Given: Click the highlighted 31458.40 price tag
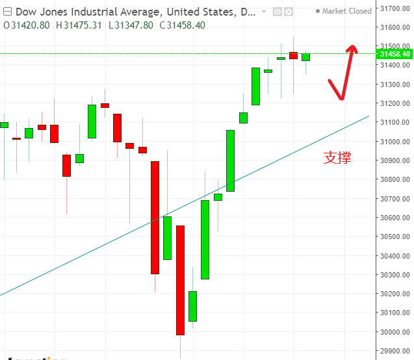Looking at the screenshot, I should tap(394, 53).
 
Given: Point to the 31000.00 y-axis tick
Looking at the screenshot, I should tap(395, 141).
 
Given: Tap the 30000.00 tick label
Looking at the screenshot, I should tap(395, 332).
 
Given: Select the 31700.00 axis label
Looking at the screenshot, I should tap(395, 8).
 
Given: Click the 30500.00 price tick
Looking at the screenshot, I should tap(395, 237).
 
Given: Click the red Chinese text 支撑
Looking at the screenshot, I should tap(337, 157).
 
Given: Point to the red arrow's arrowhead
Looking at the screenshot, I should tap(352, 47).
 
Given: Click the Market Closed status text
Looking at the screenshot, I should tap(347, 11).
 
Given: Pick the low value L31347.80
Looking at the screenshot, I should tap(131, 24).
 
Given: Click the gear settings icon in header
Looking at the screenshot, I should tap(289, 12).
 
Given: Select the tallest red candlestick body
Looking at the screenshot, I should tap(155, 217).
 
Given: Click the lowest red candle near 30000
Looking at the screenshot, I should tap(180, 280).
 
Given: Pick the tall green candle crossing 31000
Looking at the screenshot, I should tap(230, 161).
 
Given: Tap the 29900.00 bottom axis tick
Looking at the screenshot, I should tap(395, 351).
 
